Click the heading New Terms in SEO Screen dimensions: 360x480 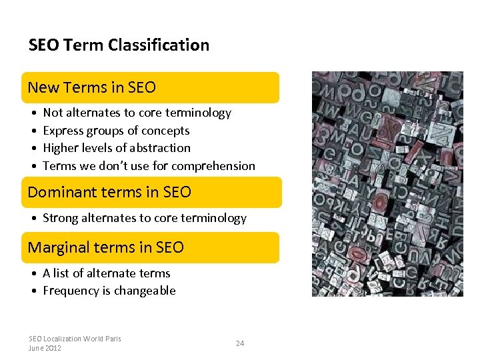[92, 87]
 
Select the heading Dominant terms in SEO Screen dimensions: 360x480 [109, 192]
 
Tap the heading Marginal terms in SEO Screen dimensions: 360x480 [105, 247]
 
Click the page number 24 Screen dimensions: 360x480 [240, 343]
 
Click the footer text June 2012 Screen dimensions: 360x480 [45, 348]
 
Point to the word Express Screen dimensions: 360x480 [62, 131]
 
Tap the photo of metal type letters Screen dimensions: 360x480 [387, 183]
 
